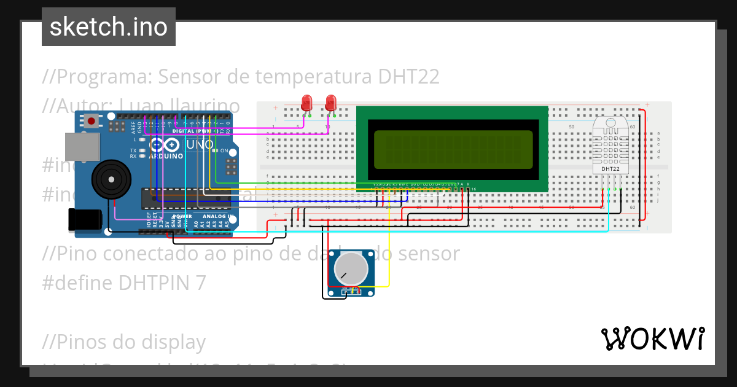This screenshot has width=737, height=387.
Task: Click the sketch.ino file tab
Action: (109, 27)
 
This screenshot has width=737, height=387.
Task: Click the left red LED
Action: (306, 102)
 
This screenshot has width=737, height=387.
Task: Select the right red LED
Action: (330, 102)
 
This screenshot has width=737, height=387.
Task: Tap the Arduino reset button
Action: (92, 121)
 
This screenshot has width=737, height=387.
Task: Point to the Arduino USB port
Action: (82, 146)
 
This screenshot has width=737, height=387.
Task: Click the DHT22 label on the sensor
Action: (610, 169)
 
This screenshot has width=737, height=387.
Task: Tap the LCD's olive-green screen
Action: (451, 150)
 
